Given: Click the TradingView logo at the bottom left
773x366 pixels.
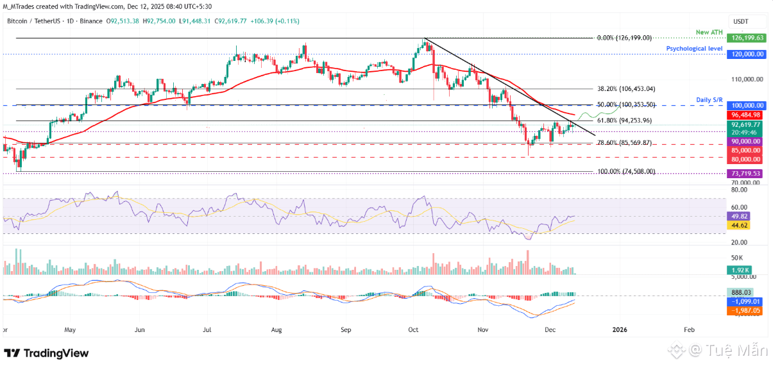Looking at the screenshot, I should tap(46, 353).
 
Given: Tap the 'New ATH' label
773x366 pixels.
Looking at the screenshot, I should tap(710, 31).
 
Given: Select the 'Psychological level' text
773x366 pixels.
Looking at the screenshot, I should tap(694, 48).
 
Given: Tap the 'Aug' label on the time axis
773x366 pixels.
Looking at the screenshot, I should tap(276, 329).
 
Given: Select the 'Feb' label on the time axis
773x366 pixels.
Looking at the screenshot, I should tap(688, 329).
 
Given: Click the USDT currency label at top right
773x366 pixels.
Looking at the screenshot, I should tap(742, 21).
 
